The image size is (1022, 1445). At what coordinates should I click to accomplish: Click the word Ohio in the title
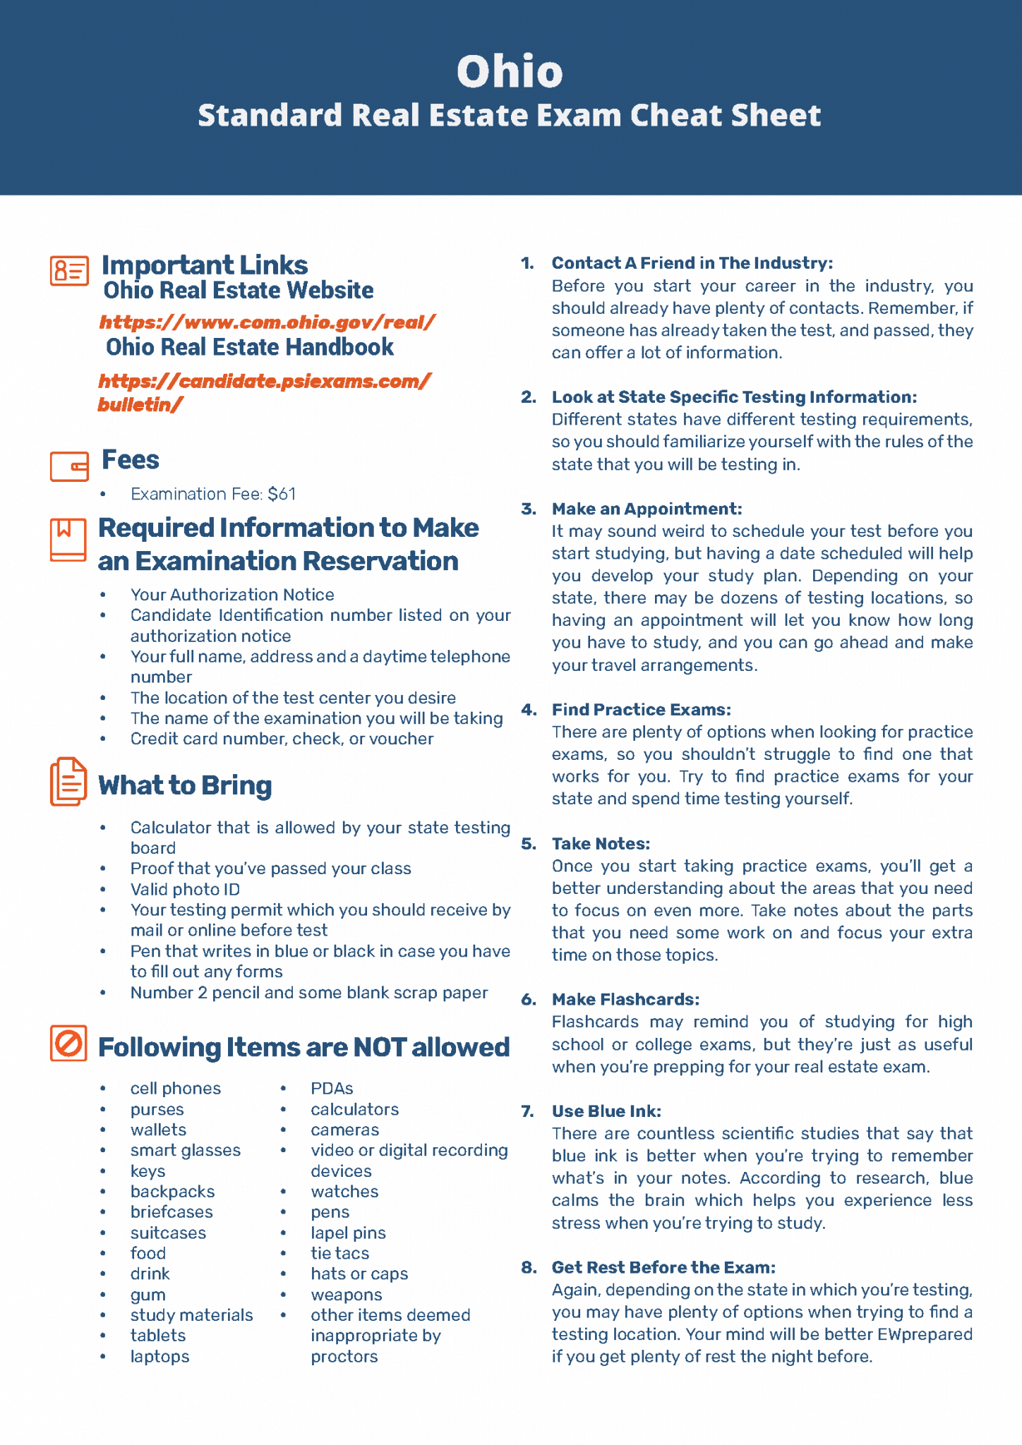pyautogui.click(x=510, y=71)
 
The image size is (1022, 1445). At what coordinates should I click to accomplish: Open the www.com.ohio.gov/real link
pyautogui.click(x=267, y=322)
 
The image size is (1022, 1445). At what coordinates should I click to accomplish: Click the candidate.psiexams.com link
pyautogui.click(x=264, y=382)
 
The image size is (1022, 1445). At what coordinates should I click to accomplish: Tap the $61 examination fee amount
pyautogui.click(x=282, y=494)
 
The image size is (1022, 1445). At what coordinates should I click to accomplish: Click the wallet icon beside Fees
pyautogui.click(x=69, y=466)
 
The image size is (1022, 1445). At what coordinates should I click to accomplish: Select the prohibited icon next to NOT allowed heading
pyautogui.click(x=68, y=1043)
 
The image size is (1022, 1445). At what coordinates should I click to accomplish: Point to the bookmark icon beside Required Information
pyautogui.click(x=68, y=540)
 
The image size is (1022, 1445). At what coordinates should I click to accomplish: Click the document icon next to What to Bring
pyautogui.click(x=68, y=782)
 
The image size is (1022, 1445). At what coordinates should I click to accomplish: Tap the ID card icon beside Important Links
pyautogui.click(x=69, y=271)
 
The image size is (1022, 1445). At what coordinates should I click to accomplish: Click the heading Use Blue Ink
pyautogui.click(x=606, y=1111)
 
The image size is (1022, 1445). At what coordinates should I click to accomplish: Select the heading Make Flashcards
pyautogui.click(x=625, y=1000)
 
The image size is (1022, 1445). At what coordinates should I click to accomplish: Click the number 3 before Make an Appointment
pyautogui.click(x=528, y=509)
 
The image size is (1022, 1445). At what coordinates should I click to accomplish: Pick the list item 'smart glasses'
pyautogui.click(x=185, y=1151)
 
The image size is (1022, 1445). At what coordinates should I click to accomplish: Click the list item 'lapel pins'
pyautogui.click(x=348, y=1233)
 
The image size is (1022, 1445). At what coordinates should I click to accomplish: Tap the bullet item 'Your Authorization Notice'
pyautogui.click(x=232, y=595)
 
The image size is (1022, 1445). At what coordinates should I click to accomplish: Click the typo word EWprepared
pyautogui.click(x=925, y=1334)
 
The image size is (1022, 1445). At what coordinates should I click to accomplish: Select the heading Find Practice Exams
pyautogui.click(x=641, y=710)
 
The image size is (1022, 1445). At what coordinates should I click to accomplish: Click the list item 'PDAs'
pyautogui.click(x=332, y=1089)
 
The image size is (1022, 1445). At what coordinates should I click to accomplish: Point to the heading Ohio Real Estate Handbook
pyautogui.click(x=250, y=347)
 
